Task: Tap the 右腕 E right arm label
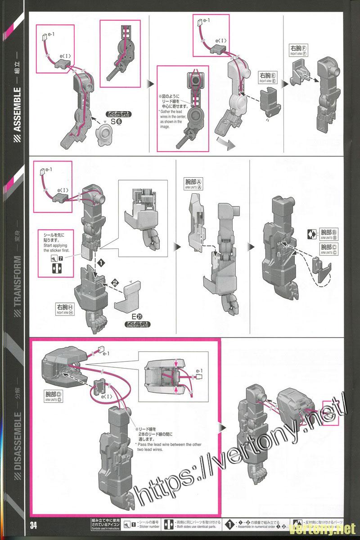[x=268, y=77]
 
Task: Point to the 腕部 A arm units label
[x=194, y=184]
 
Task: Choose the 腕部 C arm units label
[x=329, y=249]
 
